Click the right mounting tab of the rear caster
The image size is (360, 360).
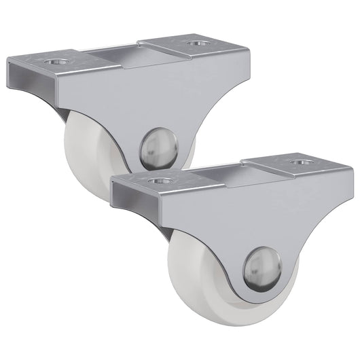click(190, 46)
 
